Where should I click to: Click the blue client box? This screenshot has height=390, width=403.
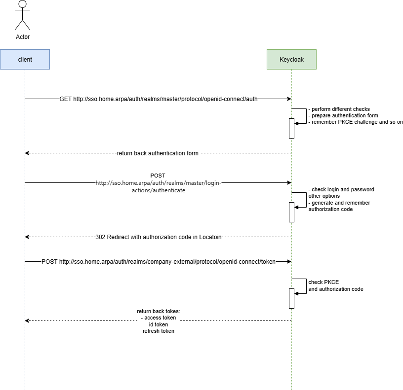pyautogui.click(x=25, y=60)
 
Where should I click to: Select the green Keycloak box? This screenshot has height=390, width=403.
pyautogui.click(x=291, y=60)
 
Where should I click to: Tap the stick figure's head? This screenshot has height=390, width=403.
pyautogui.click(x=23, y=4)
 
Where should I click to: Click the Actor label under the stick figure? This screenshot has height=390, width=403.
pyautogui.click(x=23, y=37)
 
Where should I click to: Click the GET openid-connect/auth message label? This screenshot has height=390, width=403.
pyautogui.click(x=159, y=99)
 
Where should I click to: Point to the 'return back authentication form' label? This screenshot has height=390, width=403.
pyautogui.click(x=158, y=153)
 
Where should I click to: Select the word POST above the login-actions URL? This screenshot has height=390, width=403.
pyautogui.click(x=158, y=176)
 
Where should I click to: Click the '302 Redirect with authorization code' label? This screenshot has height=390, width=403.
pyautogui.click(x=159, y=237)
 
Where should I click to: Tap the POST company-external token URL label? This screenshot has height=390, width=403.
pyautogui.click(x=159, y=262)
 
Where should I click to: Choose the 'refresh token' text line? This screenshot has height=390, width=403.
pyautogui.click(x=159, y=331)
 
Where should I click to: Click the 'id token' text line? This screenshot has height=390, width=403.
pyautogui.click(x=159, y=324)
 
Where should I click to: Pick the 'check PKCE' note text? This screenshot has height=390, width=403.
pyautogui.click(x=323, y=282)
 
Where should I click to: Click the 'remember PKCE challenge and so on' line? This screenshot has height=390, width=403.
pyautogui.click(x=356, y=122)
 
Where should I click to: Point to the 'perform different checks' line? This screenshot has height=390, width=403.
pyautogui.click(x=339, y=109)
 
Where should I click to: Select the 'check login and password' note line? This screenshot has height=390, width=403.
pyautogui.click(x=341, y=190)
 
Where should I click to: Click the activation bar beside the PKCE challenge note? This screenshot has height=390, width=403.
pyautogui.click(x=291, y=128)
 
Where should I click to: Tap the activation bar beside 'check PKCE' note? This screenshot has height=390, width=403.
pyautogui.click(x=291, y=298)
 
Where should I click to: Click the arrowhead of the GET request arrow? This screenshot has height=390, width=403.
pyautogui.click(x=289, y=99)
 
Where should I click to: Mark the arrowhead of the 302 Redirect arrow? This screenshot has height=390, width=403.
pyautogui.click(x=27, y=237)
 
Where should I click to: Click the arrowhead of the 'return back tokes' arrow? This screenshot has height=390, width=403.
pyautogui.click(x=27, y=320)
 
